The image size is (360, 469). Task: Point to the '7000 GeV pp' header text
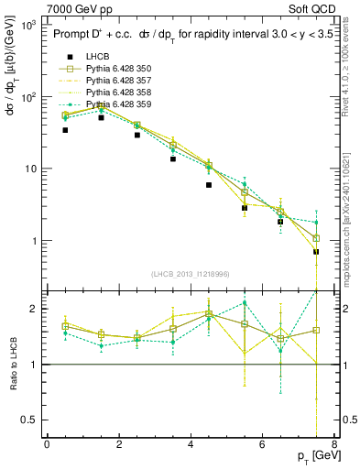click(71, 7)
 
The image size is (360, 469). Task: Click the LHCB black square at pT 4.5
click(209, 185)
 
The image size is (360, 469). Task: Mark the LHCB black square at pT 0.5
click(65, 130)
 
